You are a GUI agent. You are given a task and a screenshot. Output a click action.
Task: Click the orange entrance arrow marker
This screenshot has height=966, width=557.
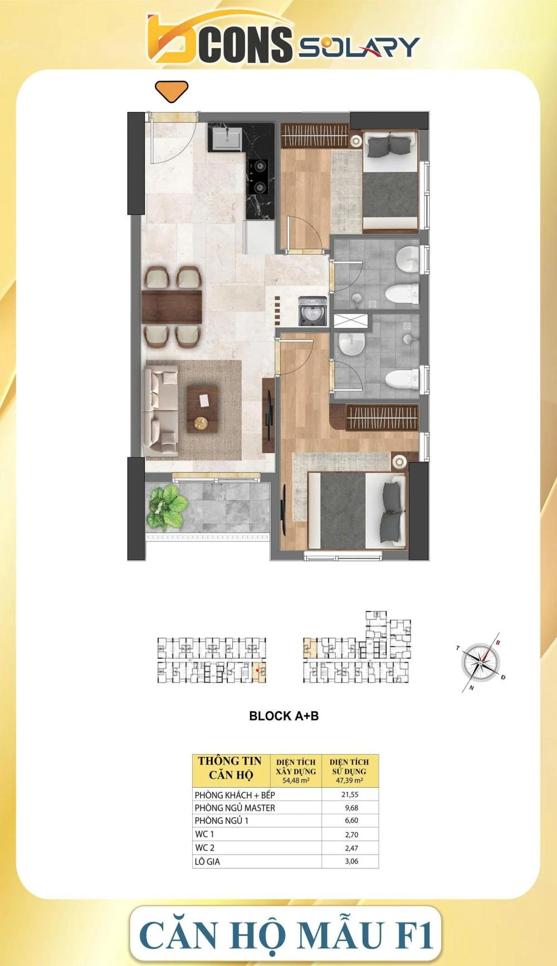tap(172, 91)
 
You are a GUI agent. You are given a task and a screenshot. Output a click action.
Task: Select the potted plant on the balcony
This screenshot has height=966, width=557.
tap(165, 507)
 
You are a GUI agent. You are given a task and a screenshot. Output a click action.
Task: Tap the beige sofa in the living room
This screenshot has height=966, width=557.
tap(162, 411)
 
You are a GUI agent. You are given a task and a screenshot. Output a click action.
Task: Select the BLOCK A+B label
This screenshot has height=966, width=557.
tap(284, 716)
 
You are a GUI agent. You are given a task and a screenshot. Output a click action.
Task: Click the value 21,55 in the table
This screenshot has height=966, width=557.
tap(350, 794)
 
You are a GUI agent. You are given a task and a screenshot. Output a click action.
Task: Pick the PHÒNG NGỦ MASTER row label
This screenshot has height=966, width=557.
tap(235, 808)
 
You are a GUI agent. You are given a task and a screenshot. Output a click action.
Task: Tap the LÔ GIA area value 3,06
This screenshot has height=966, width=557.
tap(351, 861)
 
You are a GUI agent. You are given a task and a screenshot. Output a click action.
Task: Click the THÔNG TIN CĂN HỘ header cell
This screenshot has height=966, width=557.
tap(230, 768)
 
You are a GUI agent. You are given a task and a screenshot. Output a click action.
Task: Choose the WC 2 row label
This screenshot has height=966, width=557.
tap(204, 848)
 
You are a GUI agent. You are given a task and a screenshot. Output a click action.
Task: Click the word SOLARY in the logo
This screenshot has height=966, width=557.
tap(359, 47)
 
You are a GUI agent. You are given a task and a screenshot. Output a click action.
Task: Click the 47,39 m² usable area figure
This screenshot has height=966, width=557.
tap(350, 780)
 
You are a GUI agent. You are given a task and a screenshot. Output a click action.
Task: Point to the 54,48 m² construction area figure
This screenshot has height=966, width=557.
tap(296, 780)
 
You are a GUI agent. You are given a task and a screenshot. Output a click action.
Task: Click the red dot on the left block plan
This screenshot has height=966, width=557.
tap(257, 671)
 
